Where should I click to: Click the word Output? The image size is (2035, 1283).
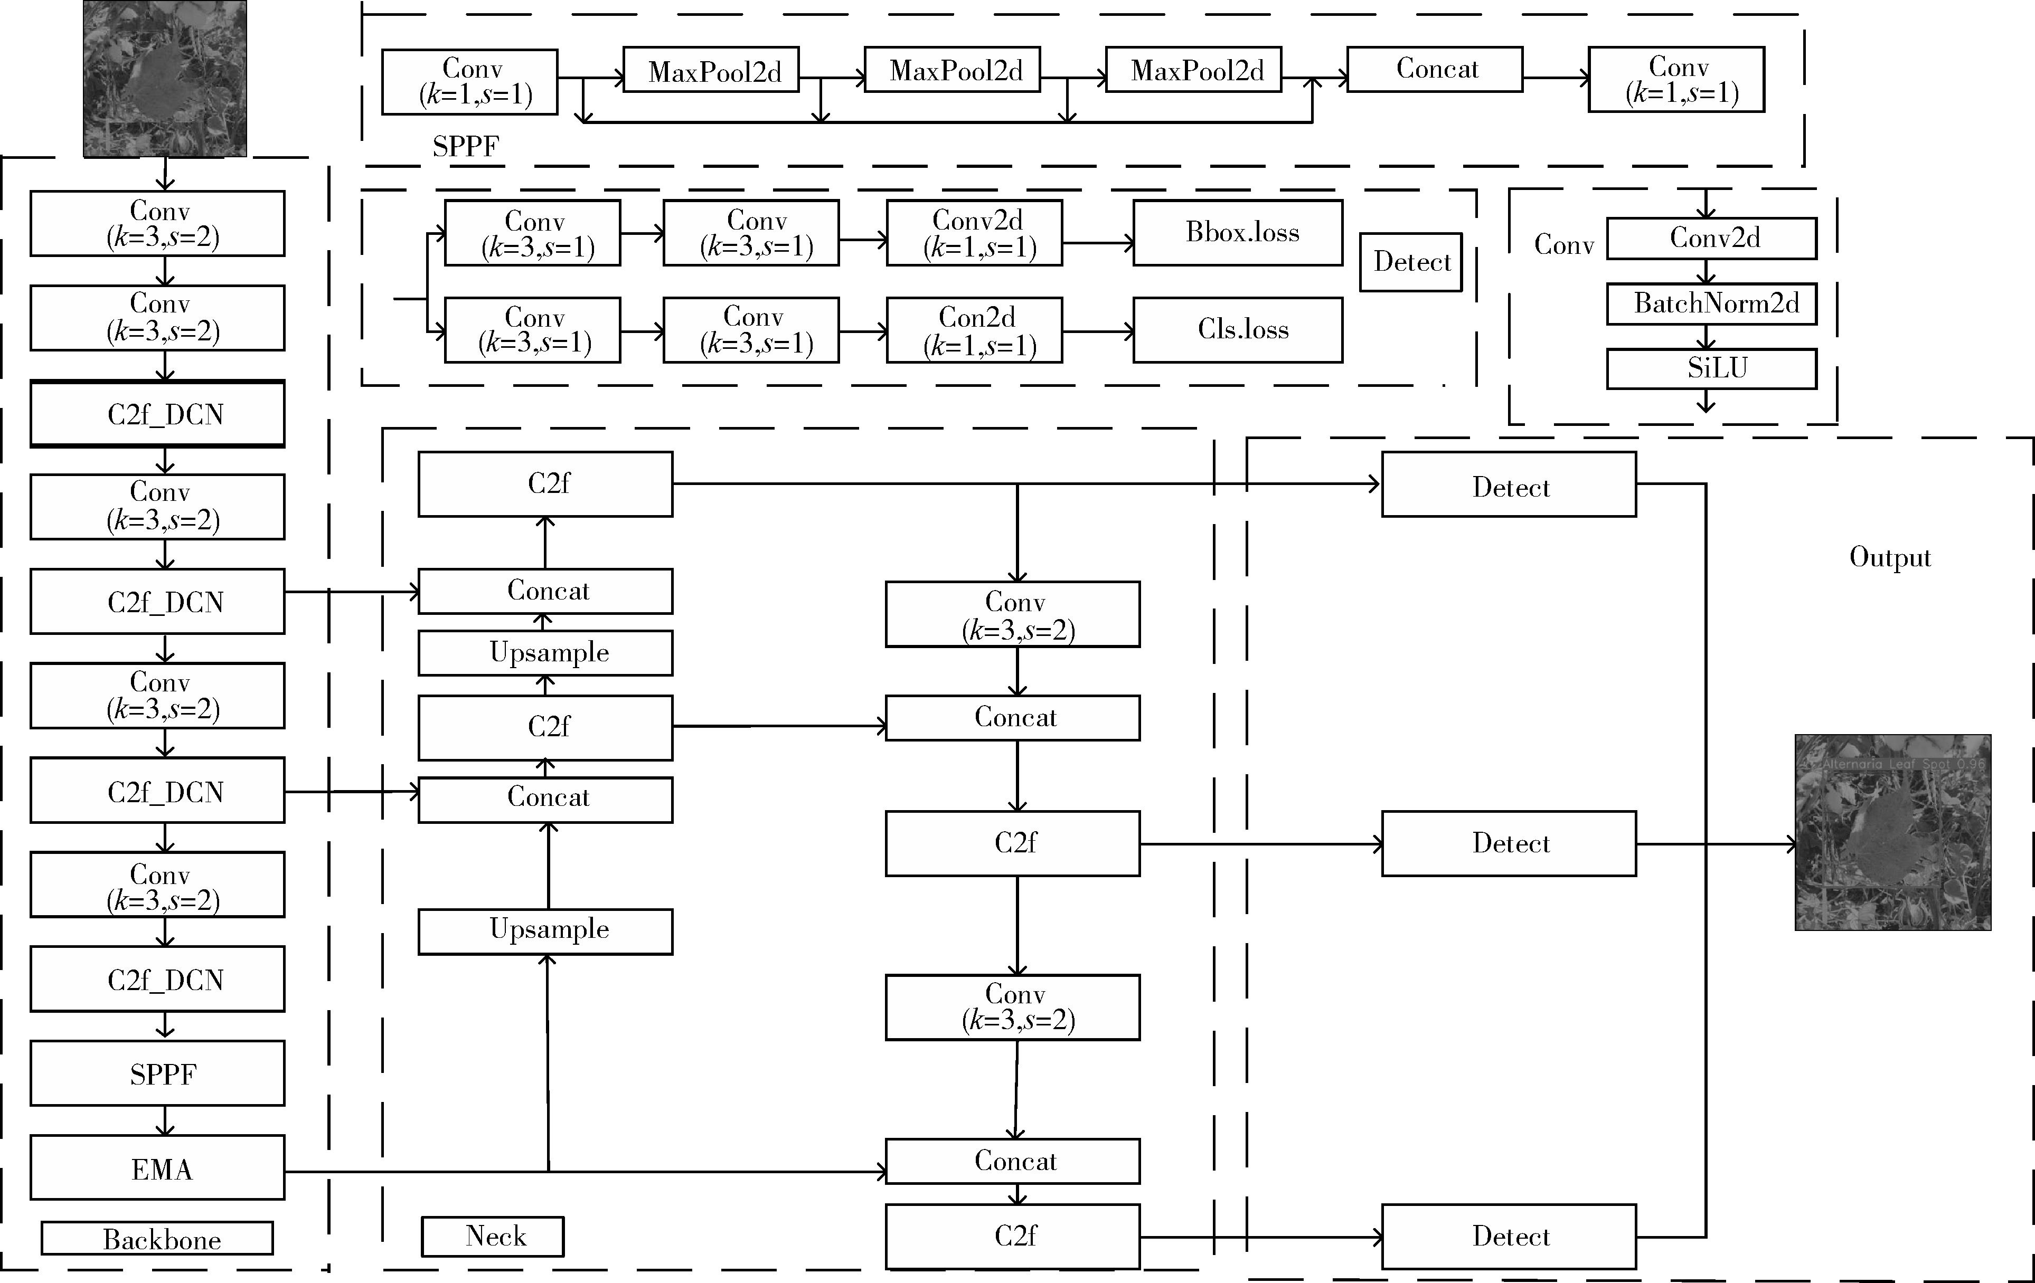coord(1890,557)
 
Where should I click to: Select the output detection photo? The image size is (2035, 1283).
coord(1892,832)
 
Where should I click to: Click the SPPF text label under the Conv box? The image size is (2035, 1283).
coord(466,147)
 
